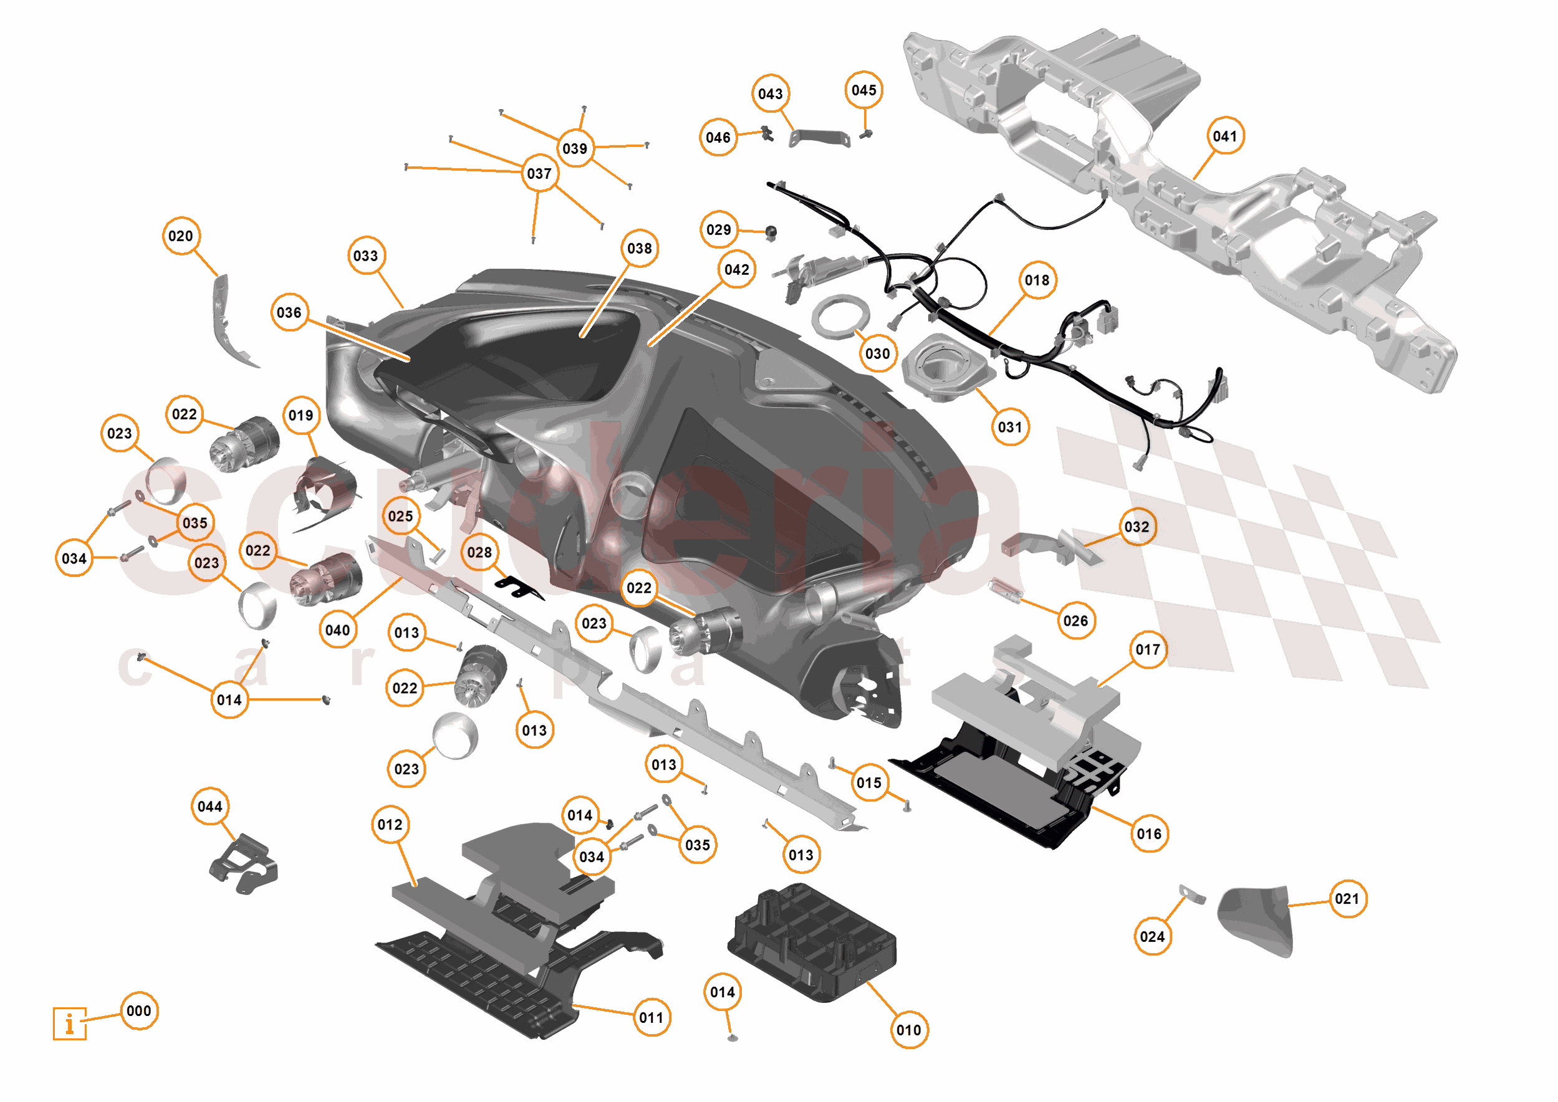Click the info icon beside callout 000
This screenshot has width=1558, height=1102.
coord(69,1023)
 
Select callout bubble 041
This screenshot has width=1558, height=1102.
coord(1225,137)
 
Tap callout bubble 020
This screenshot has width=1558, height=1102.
coord(181,236)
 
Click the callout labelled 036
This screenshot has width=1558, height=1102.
coord(289,313)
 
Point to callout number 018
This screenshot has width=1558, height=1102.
coord(1037,280)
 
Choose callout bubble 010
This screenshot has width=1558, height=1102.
coord(908,1030)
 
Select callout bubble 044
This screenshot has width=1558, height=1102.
coord(209,806)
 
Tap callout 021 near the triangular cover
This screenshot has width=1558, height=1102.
coord(1346,899)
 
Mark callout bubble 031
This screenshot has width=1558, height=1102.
coord(1010,428)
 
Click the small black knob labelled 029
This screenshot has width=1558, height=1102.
coord(771,232)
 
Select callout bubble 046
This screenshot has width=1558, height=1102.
coord(718,138)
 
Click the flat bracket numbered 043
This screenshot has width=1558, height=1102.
coord(820,138)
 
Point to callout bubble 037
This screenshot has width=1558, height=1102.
coord(539,174)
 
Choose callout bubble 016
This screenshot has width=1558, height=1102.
coord(1149,834)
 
